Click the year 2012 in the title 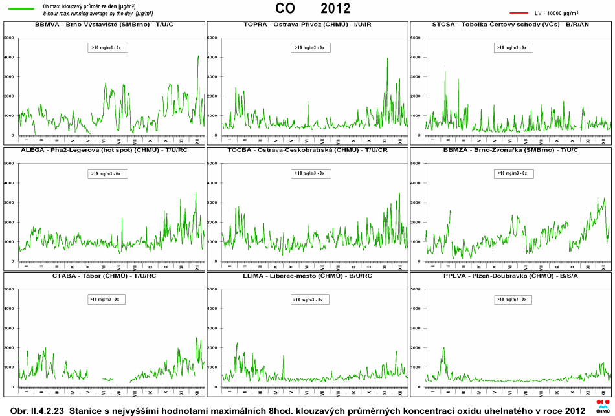[335, 8]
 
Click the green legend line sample [21, 8]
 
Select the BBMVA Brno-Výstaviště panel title [104, 25]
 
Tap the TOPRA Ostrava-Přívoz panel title [307, 25]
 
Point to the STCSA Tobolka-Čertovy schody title [511, 25]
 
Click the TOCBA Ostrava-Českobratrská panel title [307, 150]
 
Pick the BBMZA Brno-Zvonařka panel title [511, 150]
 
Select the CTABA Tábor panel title [104, 276]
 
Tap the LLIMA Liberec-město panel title [307, 276]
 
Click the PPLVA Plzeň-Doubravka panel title [511, 276]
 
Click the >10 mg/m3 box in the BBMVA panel [107, 47]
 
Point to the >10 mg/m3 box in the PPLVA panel [514, 300]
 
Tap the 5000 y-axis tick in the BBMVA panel [9, 38]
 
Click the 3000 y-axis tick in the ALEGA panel [9, 203]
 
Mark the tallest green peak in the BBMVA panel [198, 56]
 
